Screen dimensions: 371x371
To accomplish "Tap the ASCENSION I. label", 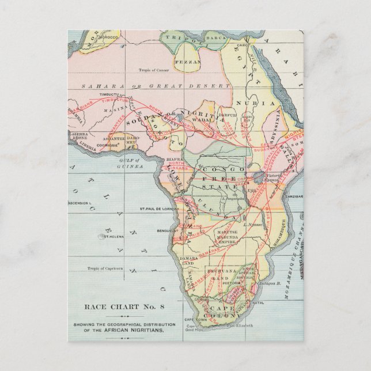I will (x=79, y=203).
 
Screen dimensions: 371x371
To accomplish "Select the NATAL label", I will (x=258, y=302).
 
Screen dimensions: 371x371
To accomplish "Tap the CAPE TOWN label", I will (x=195, y=319).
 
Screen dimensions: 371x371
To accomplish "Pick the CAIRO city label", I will (x=241, y=43).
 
